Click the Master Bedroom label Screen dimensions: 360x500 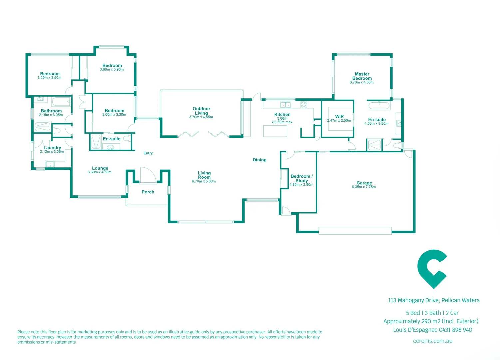362,76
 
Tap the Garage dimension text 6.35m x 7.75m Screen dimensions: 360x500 364,187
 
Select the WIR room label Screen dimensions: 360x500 339,117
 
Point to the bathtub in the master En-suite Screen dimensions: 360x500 379,106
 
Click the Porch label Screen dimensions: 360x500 148,192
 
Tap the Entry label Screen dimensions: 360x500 148,153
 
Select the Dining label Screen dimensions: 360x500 259,160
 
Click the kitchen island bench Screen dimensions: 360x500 275,131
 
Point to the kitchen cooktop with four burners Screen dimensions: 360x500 304,105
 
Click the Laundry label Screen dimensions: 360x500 52,148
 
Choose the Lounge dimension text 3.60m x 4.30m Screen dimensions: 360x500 100,172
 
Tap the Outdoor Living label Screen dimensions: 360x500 201,111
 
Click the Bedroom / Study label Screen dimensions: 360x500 302,178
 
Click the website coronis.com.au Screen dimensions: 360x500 432,341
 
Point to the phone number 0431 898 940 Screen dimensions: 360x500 455,330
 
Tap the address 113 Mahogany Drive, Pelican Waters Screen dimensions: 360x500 434,300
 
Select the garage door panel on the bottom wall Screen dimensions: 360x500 355,230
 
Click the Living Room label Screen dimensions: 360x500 204,175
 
